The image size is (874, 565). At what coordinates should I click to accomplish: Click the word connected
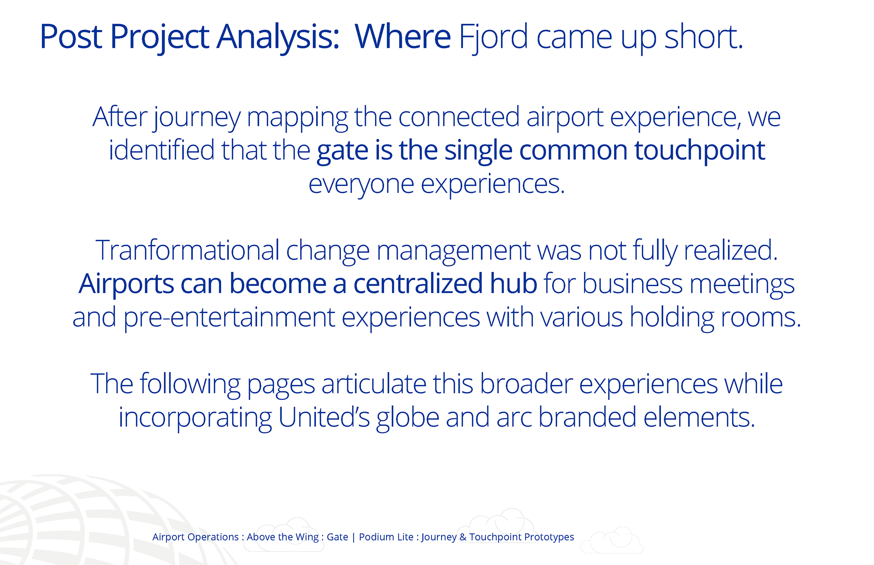(x=459, y=117)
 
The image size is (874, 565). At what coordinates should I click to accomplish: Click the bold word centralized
(x=418, y=283)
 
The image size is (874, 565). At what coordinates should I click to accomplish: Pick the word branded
(x=587, y=417)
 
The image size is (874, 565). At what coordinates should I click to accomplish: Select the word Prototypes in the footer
(x=549, y=537)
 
